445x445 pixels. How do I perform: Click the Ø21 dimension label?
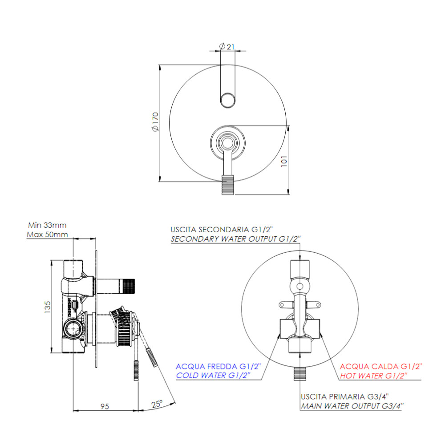[x=227, y=46]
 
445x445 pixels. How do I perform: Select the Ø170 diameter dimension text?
[x=155, y=122]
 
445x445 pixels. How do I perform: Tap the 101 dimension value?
[x=284, y=161]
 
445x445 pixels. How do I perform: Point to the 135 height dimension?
[x=47, y=307]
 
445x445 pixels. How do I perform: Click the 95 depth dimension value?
[x=105, y=406]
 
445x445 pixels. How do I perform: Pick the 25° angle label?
[x=157, y=404]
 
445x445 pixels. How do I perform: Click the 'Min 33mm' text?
[x=47, y=225]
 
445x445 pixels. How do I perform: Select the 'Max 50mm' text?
[x=47, y=235]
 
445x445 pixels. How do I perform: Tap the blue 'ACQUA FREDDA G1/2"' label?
[x=218, y=366]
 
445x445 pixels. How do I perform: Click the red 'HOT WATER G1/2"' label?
[x=373, y=376]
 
